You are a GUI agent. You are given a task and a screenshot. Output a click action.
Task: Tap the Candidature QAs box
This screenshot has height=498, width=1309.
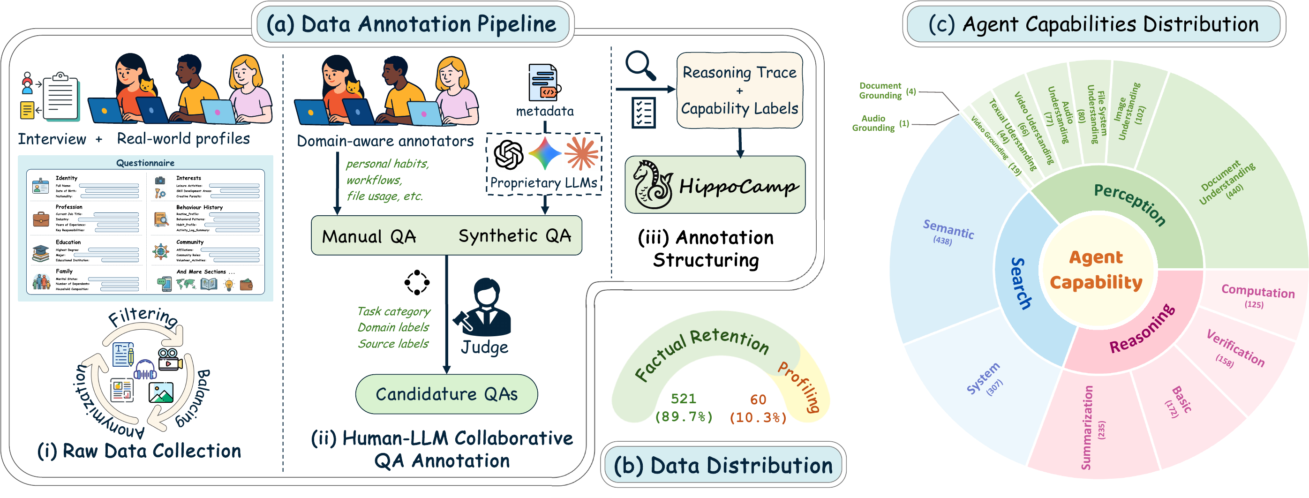(446, 394)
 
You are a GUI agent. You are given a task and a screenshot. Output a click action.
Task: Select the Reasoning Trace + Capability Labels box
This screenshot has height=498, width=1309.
(739, 90)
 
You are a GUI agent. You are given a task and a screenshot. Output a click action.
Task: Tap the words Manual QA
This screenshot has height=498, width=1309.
(369, 236)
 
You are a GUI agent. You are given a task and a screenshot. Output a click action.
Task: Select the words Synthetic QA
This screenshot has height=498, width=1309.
(514, 236)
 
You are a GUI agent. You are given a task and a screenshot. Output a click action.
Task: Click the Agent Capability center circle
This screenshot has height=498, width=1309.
(1096, 269)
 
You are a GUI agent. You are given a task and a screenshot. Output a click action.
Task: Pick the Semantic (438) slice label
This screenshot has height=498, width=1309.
(947, 232)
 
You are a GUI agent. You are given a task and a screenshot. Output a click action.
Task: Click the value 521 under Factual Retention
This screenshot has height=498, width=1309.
(683, 399)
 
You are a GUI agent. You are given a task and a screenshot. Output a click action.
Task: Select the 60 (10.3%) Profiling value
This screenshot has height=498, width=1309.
(758, 408)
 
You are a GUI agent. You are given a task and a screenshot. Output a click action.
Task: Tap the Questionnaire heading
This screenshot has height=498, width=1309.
(145, 163)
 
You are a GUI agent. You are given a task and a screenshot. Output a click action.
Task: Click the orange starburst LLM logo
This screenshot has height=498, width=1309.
(581, 153)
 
